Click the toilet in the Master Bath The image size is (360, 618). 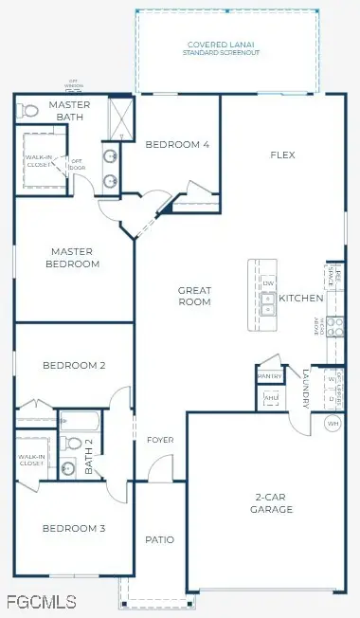pyautogui.click(x=27, y=111)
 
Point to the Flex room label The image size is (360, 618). pyautogui.click(x=283, y=154)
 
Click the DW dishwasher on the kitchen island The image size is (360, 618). pyautogui.click(x=268, y=283)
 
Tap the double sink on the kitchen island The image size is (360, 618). pyautogui.click(x=268, y=303)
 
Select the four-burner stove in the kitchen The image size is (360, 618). pyautogui.click(x=333, y=326)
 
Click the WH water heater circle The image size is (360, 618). pyautogui.click(x=333, y=423)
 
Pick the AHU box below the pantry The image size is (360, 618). pyautogui.click(x=269, y=399)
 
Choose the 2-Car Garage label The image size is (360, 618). pyautogui.click(x=273, y=503)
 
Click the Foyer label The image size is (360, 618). pyautogui.click(x=160, y=440)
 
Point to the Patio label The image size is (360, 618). pyautogui.click(x=159, y=539)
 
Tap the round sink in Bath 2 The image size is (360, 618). pyautogui.click(x=68, y=467)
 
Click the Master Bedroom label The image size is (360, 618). pyautogui.click(x=75, y=258)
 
